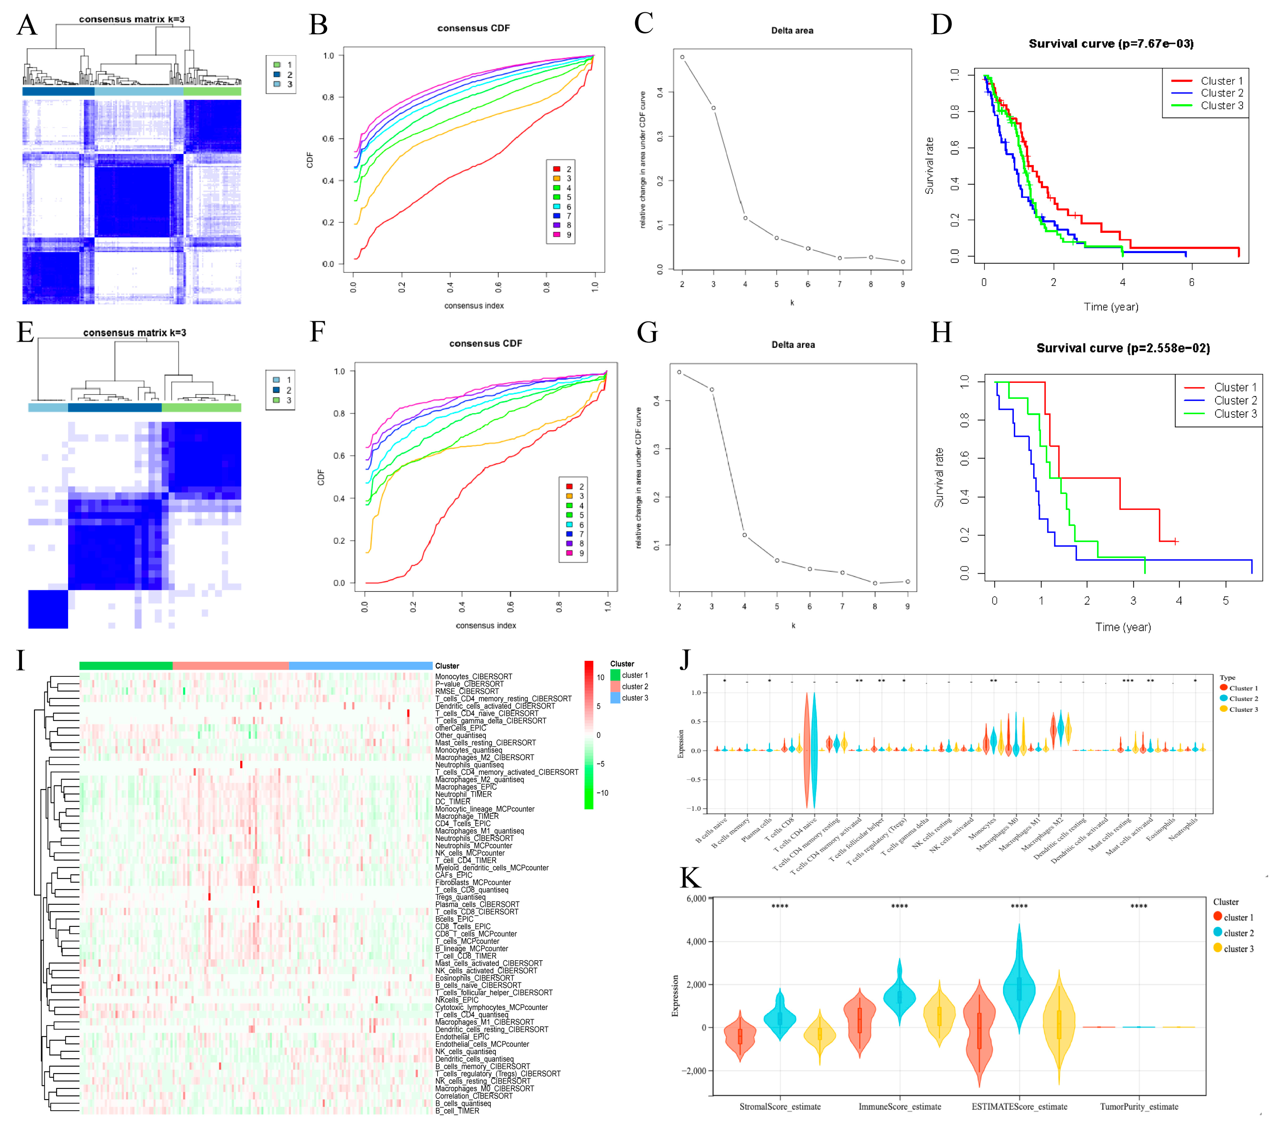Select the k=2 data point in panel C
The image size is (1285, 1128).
coord(682,57)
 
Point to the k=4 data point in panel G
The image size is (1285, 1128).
coord(744,535)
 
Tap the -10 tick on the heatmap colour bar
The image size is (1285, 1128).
coord(602,793)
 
